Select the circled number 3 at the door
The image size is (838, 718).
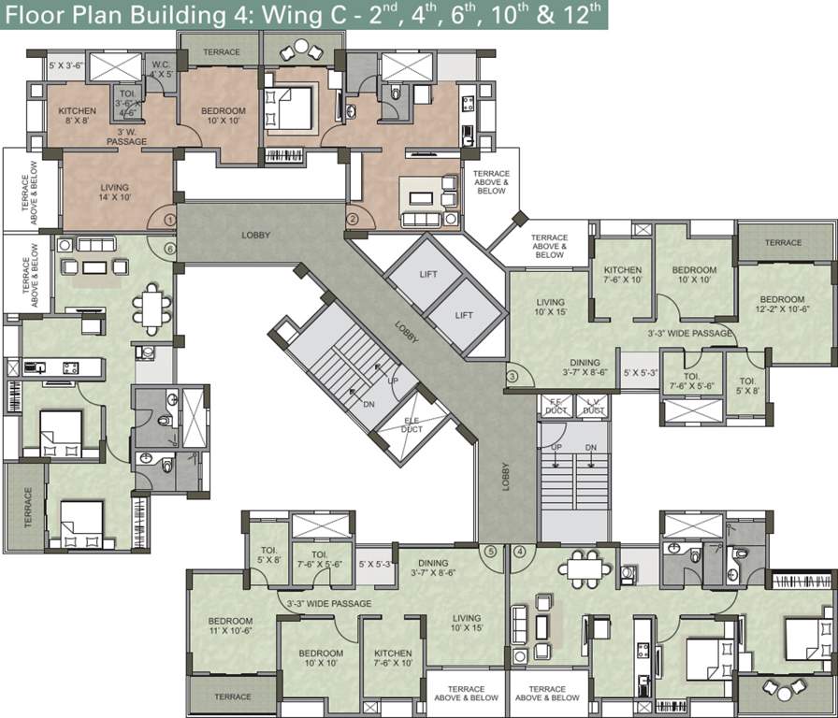click(513, 377)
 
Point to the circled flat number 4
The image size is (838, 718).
click(520, 552)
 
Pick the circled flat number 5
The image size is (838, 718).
click(490, 552)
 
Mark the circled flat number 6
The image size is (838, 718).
click(169, 249)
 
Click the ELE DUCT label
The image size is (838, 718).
click(412, 426)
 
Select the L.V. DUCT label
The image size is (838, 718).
click(593, 407)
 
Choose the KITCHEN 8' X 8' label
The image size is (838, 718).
click(77, 115)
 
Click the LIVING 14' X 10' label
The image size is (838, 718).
click(116, 192)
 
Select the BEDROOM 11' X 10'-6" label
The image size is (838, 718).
click(230, 625)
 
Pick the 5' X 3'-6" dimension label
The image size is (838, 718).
click(67, 67)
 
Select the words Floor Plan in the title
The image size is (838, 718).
click(55, 15)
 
